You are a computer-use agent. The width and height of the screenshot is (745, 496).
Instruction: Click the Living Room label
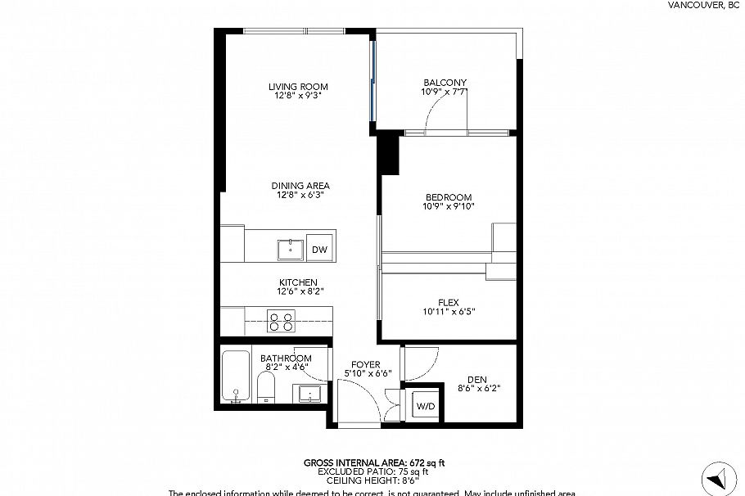(298, 86)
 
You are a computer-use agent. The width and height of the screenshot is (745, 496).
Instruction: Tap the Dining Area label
(300, 186)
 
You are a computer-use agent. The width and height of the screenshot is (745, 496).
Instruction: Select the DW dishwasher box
(319, 250)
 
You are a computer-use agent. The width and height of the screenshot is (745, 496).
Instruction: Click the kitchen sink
(289, 248)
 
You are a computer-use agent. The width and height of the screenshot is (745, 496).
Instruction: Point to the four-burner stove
(282, 321)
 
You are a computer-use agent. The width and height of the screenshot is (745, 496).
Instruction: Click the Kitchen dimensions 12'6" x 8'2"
(298, 292)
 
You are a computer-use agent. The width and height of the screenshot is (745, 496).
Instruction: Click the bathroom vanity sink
(309, 394)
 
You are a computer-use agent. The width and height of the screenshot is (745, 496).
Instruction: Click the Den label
(477, 378)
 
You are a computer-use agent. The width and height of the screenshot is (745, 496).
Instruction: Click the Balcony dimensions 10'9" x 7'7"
(445, 92)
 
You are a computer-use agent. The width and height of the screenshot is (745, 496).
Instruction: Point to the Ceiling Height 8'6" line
(373, 481)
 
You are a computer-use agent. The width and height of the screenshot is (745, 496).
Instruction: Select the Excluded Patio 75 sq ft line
(373, 472)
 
